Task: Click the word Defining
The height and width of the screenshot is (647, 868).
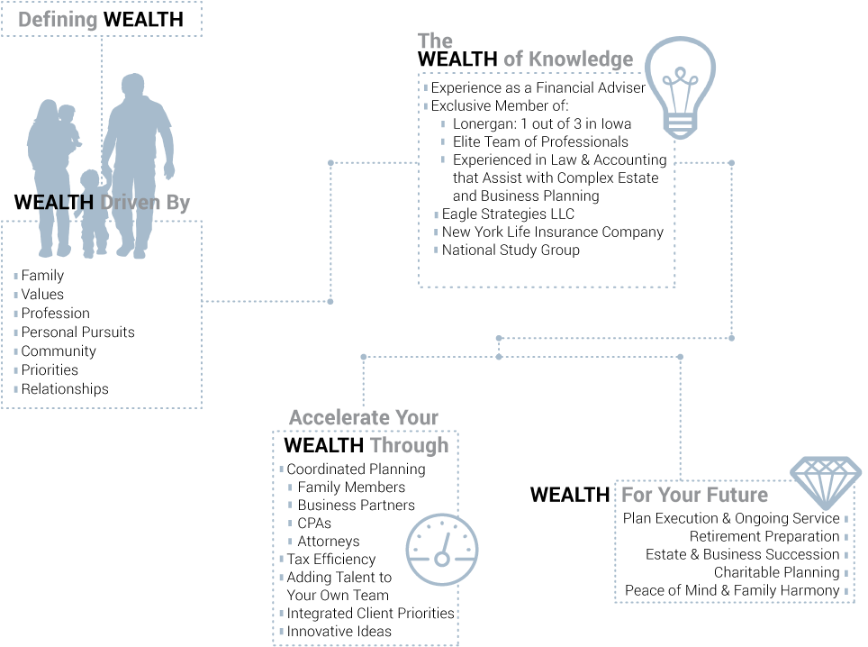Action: (x=58, y=20)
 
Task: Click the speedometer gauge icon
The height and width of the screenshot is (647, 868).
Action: (x=441, y=550)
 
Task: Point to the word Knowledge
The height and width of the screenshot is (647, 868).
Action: (x=581, y=59)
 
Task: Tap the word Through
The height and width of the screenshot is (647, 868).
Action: (x=409, y=445)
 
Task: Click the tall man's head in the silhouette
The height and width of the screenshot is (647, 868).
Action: (x=133, y=87)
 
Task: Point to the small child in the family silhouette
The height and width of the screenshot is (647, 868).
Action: (x=90, y=212)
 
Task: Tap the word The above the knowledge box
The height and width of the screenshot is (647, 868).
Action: (x=435, y=41)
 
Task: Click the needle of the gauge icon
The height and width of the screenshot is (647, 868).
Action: (x=444, y=546)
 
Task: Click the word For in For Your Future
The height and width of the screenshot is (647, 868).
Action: (x=636, y=495)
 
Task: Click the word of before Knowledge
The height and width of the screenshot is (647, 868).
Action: (x=512, y=59)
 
